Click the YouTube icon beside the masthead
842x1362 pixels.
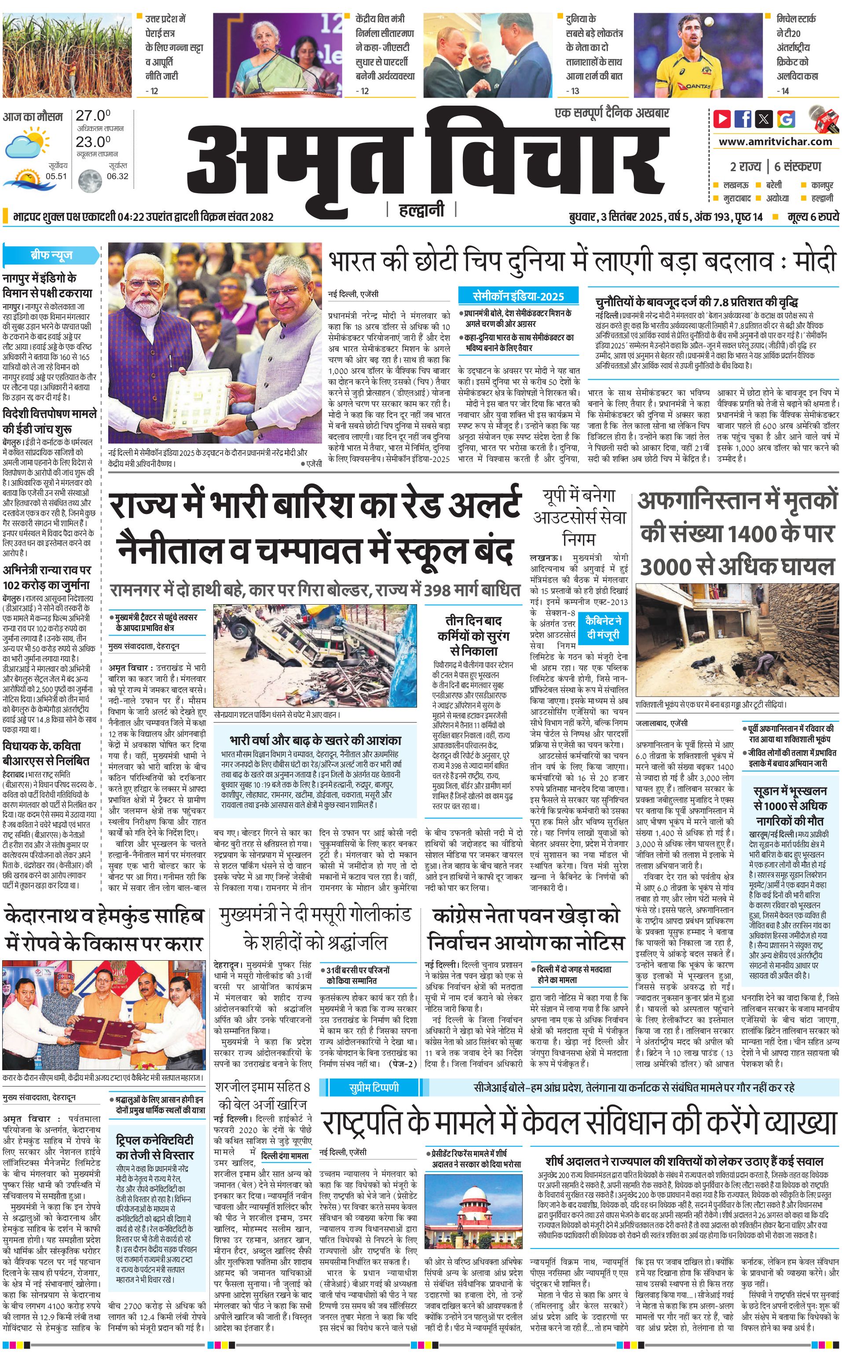(722, 119)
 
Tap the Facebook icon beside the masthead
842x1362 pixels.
(743, 119)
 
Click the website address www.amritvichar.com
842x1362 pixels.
(775, 142)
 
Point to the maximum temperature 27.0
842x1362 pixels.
(93, 116)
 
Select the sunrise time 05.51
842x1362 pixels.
(56, 176)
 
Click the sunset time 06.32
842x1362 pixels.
(117, 176)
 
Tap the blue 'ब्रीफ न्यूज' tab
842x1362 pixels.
(51, 256)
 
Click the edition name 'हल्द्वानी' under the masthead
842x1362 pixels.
(421, 210)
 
